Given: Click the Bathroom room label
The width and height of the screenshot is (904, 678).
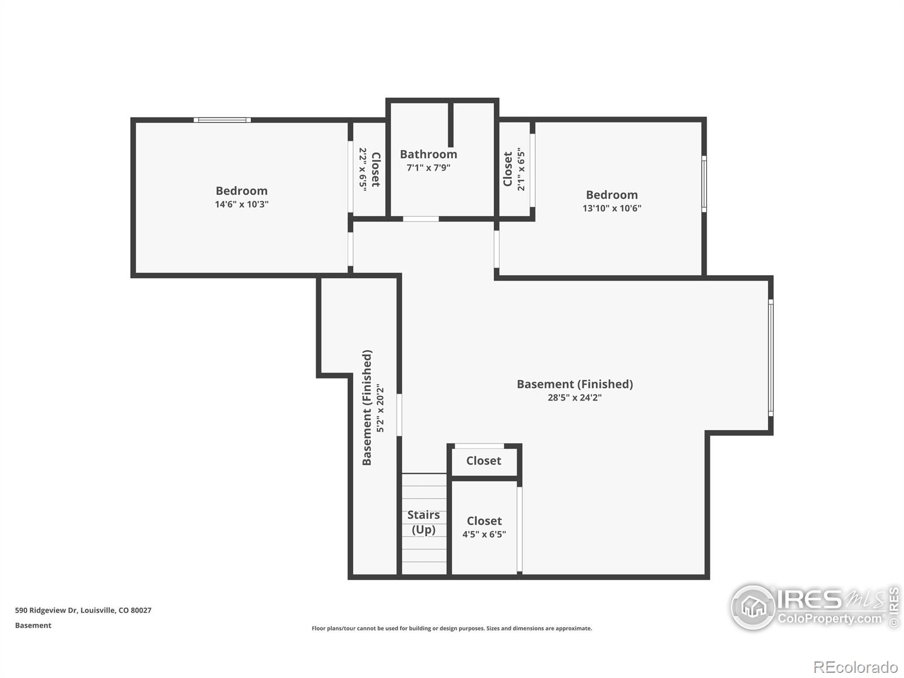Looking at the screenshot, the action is pos(428,154).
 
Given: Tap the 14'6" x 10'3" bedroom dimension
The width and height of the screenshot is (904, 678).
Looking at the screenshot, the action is pos(241,204).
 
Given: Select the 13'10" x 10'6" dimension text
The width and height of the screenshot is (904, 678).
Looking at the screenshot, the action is pos(611,208).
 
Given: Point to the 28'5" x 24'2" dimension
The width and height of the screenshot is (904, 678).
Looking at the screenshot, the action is pos(575,398).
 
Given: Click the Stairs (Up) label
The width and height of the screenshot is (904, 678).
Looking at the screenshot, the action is pos(423,523).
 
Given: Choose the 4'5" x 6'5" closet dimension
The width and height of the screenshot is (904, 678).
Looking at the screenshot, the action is pos(484,534).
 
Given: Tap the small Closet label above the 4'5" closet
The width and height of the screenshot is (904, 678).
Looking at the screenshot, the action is pos(484,460).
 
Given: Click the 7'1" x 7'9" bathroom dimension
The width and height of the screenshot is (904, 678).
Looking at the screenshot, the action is pos(428,168).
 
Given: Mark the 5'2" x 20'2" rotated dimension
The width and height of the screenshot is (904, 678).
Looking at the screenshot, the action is pos(381,408).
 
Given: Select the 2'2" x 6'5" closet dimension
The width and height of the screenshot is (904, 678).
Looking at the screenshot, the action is pos(363,169).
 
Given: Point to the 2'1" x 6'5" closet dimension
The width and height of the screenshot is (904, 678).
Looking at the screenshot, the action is pos(521,169).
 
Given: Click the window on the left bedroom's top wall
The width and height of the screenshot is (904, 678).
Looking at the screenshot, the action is pos(223,120).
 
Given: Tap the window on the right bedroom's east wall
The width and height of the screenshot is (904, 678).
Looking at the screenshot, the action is pos(704,184).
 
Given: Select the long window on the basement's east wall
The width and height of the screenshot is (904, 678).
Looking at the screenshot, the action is pos(771,358).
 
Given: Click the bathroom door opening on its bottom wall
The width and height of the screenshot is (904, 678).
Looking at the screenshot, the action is pos(420,219).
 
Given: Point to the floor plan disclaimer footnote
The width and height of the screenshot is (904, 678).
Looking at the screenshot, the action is pos(452,628).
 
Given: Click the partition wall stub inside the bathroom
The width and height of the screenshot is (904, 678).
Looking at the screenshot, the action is pos(450,124).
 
